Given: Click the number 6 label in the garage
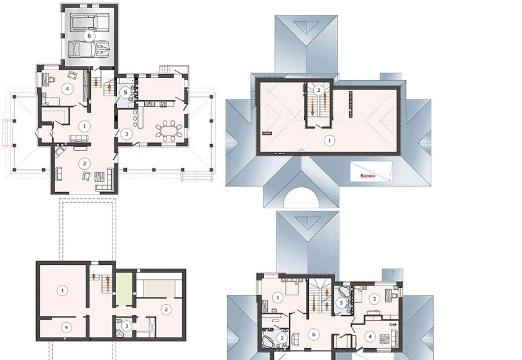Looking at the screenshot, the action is click(x=89, y=36).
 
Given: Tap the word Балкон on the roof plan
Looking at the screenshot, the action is click(x=368, y=175).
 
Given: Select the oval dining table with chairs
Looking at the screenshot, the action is click(x=169, y=130).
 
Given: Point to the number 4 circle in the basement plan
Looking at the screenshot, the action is click(x=66, y=328).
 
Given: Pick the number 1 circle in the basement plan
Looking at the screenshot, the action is click(x=62, y=290).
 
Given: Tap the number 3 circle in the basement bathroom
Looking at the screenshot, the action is click(x=127, y=326).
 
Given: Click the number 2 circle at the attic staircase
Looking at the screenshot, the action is click(x=319, y=90).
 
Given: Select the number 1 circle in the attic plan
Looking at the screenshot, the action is click(x=329, y=141).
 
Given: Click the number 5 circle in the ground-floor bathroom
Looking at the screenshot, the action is click(x=126, y=92).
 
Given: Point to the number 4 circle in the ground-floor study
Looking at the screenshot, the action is click(x=68, y=89).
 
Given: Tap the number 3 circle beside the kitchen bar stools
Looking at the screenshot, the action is click(x=127, y=134).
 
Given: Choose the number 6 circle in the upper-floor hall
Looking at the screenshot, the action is click(x=314, y=335).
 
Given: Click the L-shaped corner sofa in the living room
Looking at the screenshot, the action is click(x=106, y=180).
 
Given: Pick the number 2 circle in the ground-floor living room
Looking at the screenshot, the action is click(x=85, y=164).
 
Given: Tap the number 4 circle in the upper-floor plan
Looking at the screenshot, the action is click(x=370, y=337).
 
